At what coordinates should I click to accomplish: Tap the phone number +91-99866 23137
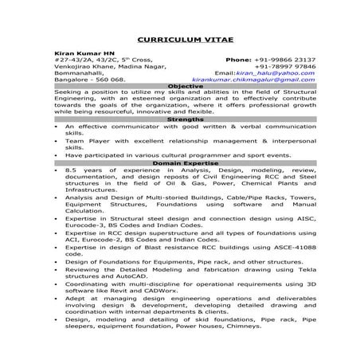286,59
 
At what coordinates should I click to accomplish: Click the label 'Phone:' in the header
239,59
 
